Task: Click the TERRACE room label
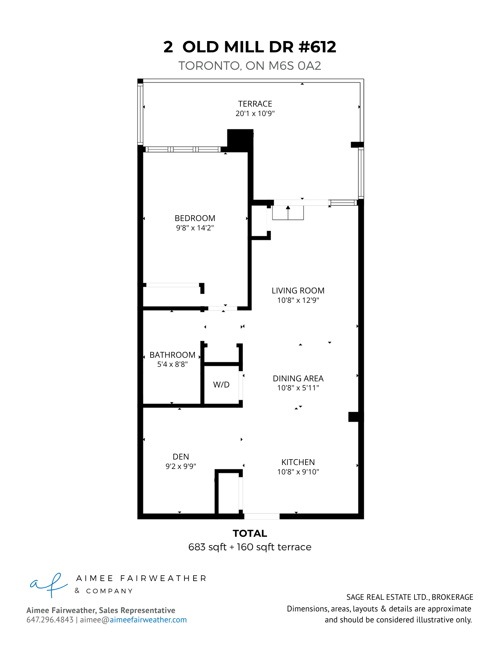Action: (255, 104)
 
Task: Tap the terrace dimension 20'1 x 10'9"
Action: (255, 113)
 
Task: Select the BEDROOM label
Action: (195, 218)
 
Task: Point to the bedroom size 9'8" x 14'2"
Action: (195, 228)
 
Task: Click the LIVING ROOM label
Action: (298, 291)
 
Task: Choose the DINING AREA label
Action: (298, 378)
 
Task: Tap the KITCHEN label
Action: (298, 462)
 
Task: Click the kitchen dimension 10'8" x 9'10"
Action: (298, 472)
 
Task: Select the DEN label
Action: (181, 457)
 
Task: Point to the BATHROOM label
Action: (172, 355)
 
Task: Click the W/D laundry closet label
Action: (221, 385)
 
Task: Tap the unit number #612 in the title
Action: (317, 47)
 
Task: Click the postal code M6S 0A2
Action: (295, 66)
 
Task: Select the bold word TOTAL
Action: (250, 533)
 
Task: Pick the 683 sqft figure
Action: (207, 547)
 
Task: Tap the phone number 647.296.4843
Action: (50, 620)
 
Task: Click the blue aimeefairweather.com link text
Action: (148, 620)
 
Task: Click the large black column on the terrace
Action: (240, 140)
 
